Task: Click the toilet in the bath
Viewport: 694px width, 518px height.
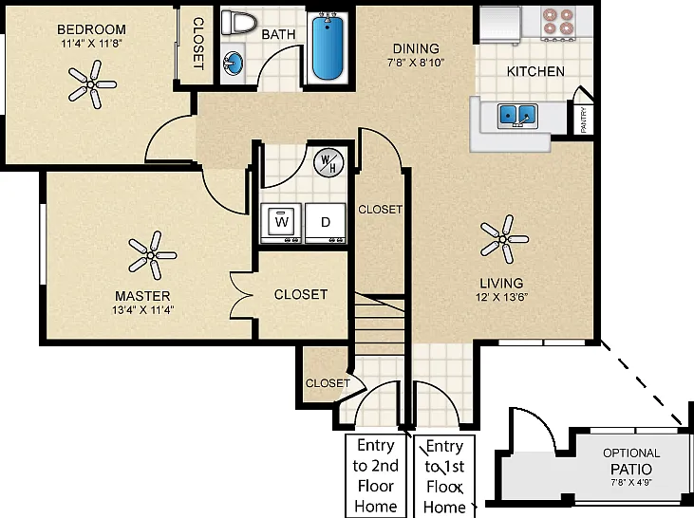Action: (239, 22)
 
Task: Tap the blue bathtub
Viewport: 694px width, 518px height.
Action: (328, 46)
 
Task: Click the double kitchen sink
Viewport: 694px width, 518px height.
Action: (517, 116)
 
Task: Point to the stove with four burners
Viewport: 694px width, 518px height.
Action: (558, 23)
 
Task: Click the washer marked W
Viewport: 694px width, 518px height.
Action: (281, 223)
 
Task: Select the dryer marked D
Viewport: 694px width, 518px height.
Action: (326, 223)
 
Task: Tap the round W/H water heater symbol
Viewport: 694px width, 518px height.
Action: (328, 163)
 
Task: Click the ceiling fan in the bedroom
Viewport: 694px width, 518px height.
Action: (92, 84)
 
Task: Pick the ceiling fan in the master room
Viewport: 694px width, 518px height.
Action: (152, 255)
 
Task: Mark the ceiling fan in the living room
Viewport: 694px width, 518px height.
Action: (504, 239)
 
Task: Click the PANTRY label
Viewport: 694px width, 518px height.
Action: (584, 120)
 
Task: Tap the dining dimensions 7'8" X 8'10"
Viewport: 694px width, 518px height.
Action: (416, 63)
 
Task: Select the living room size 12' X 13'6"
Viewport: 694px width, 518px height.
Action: (502, 297)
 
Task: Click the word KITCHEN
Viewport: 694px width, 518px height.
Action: (535, 71)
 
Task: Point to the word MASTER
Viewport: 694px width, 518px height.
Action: (142, 295)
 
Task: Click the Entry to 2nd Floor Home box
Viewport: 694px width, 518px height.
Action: (376, 476)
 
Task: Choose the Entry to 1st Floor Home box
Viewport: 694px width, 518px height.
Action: (444, 476)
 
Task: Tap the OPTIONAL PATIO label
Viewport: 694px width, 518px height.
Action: (631, 461)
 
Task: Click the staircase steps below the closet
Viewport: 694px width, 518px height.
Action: (380, 324)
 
